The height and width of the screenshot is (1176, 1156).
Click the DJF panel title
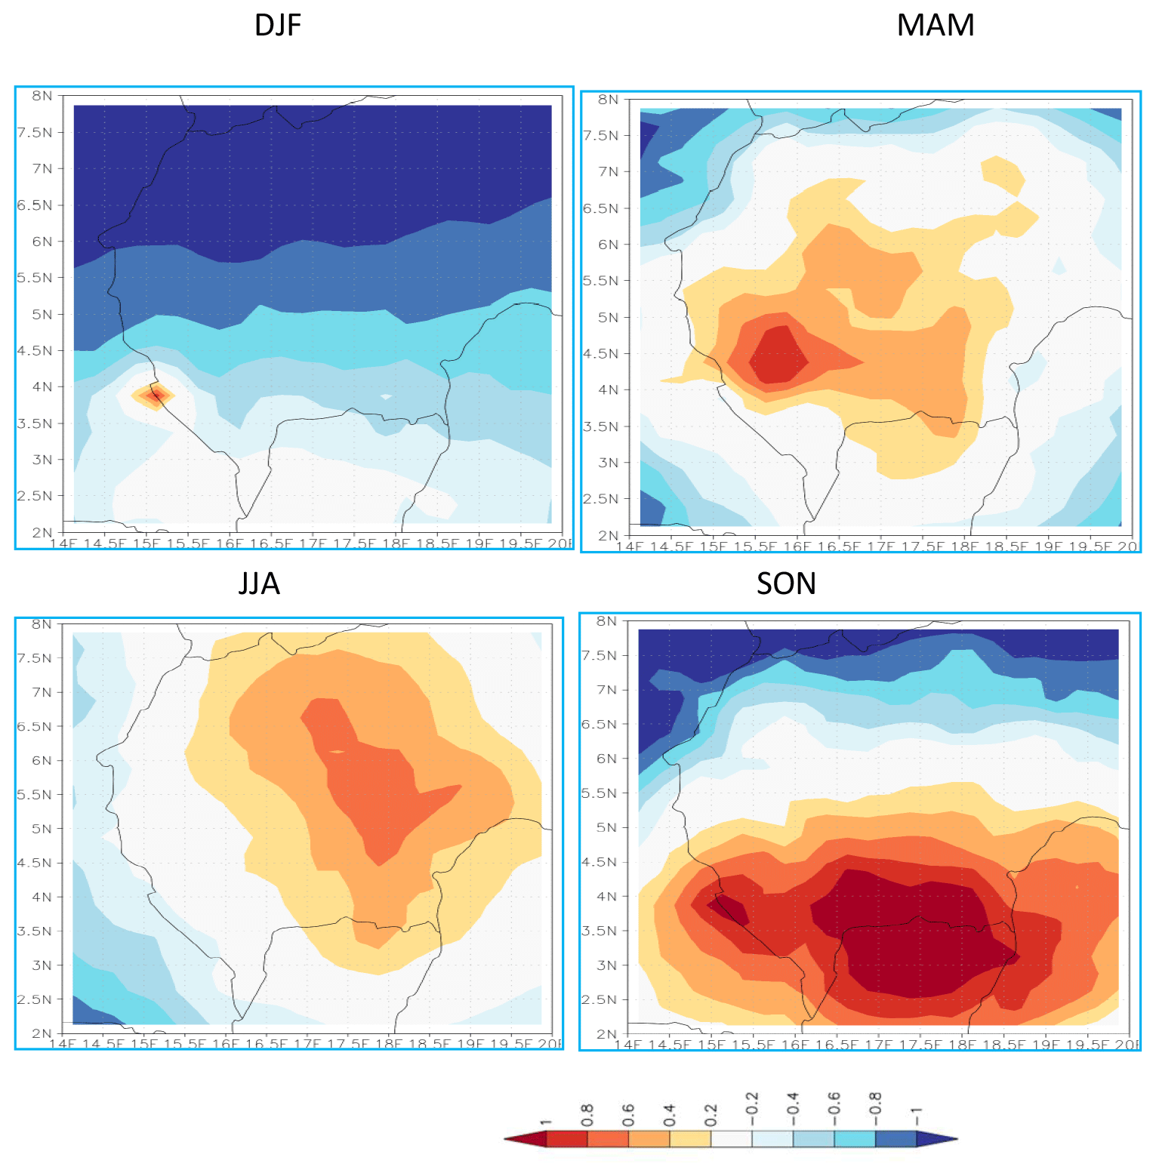278,26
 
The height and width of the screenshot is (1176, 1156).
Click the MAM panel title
935,26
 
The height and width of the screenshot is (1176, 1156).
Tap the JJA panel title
259,583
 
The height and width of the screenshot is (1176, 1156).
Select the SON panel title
786,583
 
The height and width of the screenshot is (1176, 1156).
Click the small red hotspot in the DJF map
155,395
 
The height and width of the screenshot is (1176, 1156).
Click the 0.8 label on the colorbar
587,1114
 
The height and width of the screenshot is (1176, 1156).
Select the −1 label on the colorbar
916,1114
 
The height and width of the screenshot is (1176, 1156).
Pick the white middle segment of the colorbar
731,1138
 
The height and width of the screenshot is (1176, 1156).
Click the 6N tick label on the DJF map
42,242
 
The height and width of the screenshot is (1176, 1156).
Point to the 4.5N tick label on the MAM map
602,354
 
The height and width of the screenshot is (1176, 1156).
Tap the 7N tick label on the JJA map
42,692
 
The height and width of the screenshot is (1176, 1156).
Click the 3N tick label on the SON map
607,965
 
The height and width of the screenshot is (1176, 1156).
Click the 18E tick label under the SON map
961,1045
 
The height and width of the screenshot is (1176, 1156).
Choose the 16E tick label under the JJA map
225,1044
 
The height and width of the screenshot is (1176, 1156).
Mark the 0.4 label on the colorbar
669,1114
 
